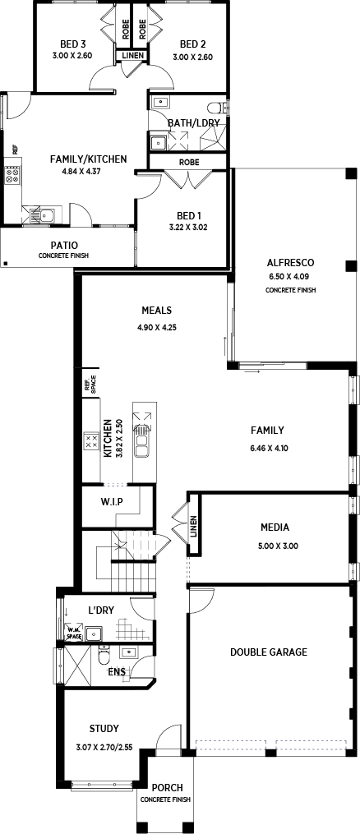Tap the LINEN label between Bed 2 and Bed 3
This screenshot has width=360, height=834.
[x=132, y=55]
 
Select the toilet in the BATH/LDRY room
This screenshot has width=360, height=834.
[x=218, y=108]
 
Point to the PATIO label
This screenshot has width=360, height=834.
[x=64, y=245]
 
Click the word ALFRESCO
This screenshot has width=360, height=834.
[x=290, y=262]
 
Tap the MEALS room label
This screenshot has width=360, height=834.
[x=156, y=310]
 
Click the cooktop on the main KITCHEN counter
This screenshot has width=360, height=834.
[x=91, y=440]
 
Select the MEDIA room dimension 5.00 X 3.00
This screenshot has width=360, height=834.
[x=275, y=546]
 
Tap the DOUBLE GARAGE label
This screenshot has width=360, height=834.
[x=269, y=652]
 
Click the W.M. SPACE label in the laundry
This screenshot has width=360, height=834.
[x=73, y=634]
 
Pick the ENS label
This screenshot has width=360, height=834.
[x=117, y=672]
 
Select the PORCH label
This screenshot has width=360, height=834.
[x=167, y=788]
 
